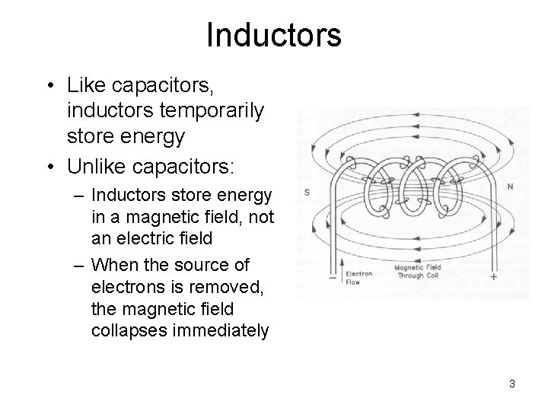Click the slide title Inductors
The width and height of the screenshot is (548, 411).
click(273, 35)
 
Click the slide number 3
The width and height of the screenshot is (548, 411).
click(512, 384)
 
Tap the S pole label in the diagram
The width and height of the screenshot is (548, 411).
click(306, 193)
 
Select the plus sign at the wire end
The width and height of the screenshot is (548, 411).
click(494, 277)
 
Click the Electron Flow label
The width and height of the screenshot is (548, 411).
click(359, 277)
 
